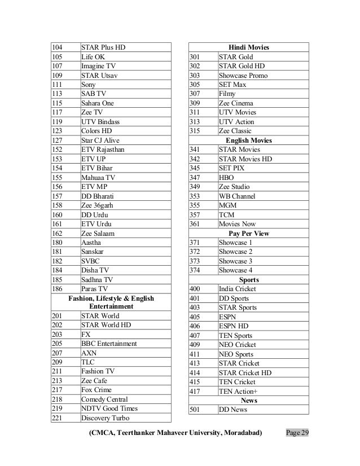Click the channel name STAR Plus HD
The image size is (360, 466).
click(103, 47)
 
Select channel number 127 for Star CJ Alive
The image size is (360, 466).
click(56, 140)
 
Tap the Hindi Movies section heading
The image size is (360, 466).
click(249, 47)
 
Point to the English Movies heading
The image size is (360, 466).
click(249, 140)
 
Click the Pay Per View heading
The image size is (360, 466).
click(249, 233)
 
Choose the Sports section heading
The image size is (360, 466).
click(249, 279)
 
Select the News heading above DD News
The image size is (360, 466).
click(249, 400)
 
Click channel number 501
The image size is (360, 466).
click(196, 410)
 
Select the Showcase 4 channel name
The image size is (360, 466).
click(235, 270)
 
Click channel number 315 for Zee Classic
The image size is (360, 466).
click(196, 131)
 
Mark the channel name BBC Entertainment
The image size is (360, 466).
click(109, 344)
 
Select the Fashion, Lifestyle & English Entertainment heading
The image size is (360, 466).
click(111, 302)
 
